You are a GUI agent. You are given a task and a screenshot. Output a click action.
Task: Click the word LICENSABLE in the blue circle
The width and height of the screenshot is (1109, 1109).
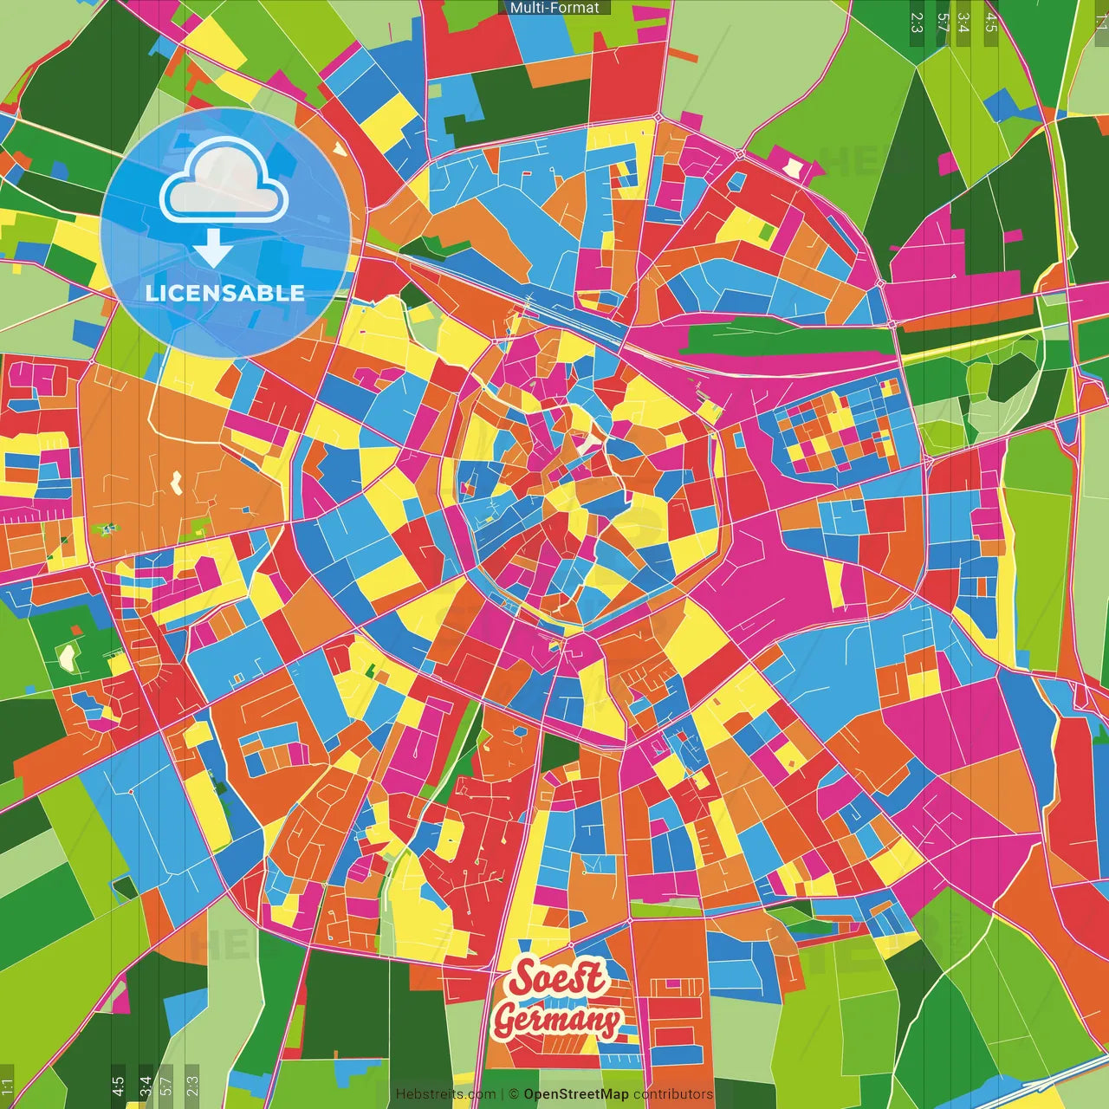point(225,293)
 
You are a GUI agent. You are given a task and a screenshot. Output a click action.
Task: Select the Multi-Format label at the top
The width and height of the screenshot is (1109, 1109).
point(554,8)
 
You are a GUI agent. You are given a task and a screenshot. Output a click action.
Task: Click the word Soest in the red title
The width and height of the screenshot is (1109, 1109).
point(557,978)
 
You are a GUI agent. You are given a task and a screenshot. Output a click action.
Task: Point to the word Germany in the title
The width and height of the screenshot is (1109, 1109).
point(557,1019)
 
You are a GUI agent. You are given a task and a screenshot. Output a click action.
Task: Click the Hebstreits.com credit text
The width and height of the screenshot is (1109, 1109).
point(445,1094)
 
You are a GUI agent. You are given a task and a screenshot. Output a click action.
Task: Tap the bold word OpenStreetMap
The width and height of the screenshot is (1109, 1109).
point(575,1094)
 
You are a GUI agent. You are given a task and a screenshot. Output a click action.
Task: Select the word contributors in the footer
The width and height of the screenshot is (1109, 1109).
point(672,1094)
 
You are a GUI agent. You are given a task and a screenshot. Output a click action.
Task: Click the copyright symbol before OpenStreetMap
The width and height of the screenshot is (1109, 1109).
point(513,1094)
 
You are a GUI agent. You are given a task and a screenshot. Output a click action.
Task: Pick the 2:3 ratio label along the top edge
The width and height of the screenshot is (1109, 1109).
point(918,22)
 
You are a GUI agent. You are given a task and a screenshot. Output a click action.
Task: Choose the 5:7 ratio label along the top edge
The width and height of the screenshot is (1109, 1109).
point(943,22)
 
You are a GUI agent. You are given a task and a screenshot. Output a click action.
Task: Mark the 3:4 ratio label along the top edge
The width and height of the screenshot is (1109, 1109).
point(963,22)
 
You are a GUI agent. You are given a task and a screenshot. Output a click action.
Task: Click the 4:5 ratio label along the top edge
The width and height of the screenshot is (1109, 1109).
point(991,22)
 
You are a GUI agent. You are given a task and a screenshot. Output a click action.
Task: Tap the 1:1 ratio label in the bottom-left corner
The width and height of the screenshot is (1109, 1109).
point(8,1086)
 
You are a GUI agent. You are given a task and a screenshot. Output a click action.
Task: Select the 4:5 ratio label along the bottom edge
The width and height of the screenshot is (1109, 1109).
point(118,1086)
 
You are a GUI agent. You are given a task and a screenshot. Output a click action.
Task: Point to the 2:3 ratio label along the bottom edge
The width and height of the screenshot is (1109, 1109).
point(192,1086)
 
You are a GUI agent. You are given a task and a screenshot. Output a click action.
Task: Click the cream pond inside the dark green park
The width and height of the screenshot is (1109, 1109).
point(67,658)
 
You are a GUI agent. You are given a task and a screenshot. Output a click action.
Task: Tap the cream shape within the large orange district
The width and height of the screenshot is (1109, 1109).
point(178,481)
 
